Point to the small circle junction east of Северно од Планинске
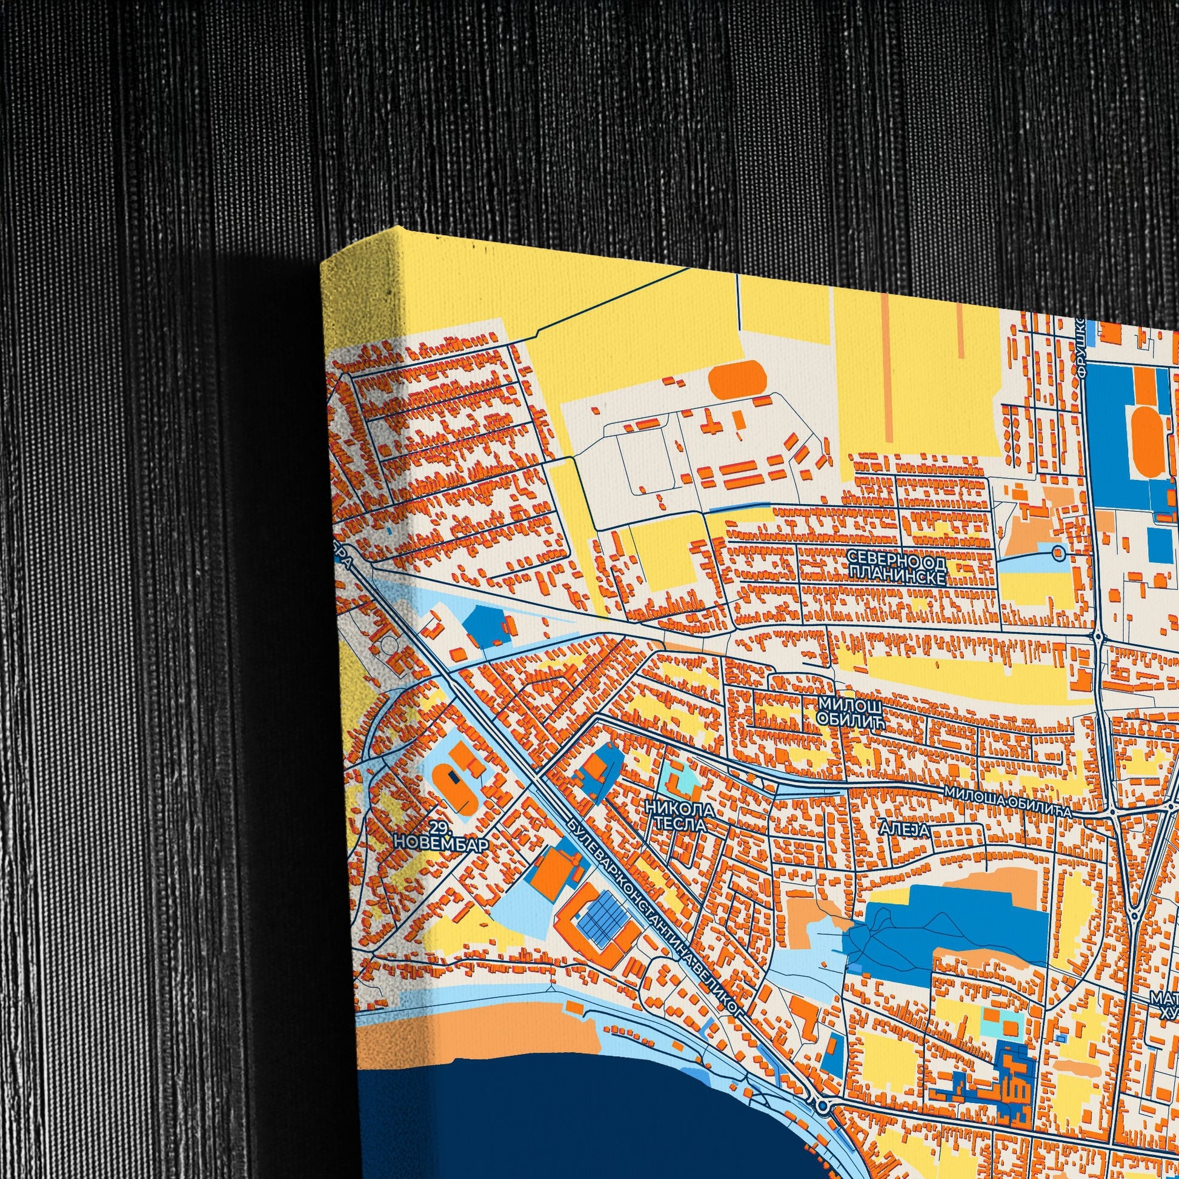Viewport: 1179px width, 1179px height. [1059, 554]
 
